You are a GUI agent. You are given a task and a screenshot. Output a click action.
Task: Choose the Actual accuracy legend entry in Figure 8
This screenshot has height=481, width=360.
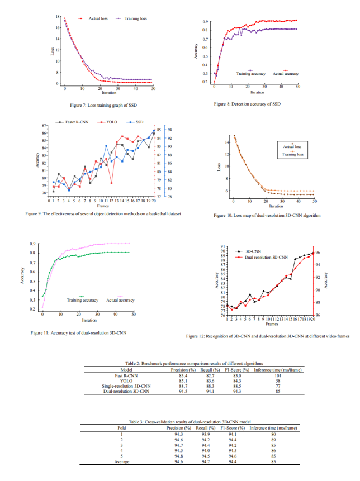285,73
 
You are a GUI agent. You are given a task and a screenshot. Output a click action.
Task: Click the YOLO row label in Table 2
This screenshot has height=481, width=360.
126,380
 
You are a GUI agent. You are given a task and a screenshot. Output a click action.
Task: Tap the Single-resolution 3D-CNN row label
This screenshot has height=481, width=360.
126,386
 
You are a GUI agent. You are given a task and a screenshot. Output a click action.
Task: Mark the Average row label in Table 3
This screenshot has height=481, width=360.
121,462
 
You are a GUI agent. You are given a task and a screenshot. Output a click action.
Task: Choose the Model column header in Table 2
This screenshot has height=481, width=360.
126,369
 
